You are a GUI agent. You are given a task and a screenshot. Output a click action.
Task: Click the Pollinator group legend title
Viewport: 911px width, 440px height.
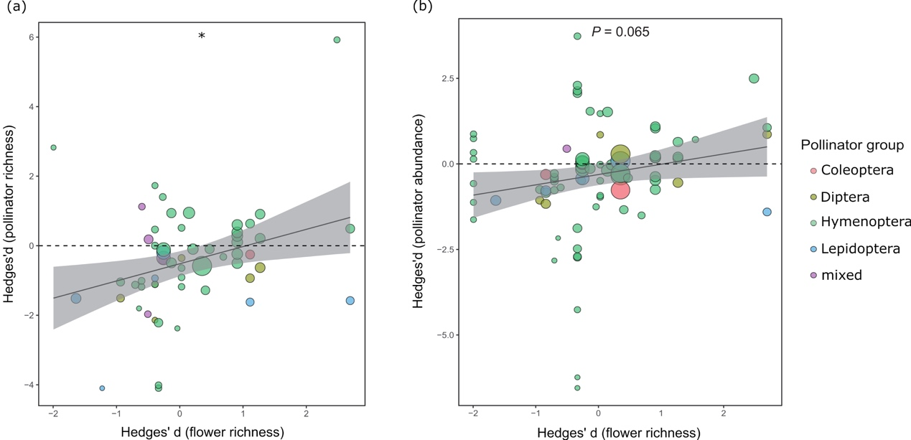(x=852, y=145)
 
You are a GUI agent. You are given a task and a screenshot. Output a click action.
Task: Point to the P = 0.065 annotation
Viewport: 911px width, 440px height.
(x=620, y=32)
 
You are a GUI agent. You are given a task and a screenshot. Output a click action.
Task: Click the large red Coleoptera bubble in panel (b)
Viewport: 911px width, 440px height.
(x=620, y=190)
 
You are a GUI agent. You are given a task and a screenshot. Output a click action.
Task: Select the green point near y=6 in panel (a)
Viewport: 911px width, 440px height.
(x=337, y=40)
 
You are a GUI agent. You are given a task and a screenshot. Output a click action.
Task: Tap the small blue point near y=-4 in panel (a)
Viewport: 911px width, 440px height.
(x=102, y=388)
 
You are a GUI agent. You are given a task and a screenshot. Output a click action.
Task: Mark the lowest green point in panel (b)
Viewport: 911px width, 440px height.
(x=577, y=388)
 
